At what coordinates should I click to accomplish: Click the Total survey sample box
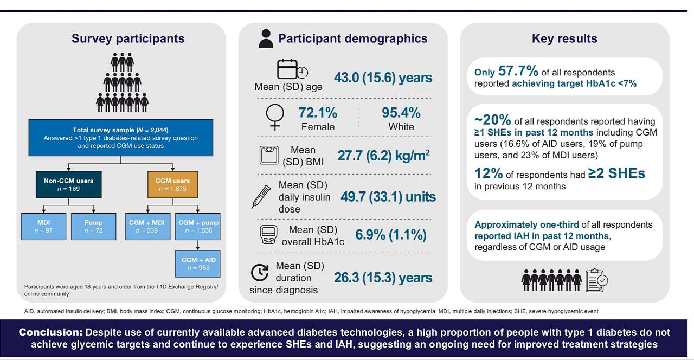click(x=121, y=138)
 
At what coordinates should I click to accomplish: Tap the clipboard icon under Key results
click(x=597, y=280)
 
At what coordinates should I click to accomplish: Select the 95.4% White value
click(x=401, y=113)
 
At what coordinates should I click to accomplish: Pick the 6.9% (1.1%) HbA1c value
click(x=390, y=235)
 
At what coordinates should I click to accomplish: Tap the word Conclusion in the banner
click(x=50, y=332)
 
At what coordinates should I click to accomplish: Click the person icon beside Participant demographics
click(x=266, y=39)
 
